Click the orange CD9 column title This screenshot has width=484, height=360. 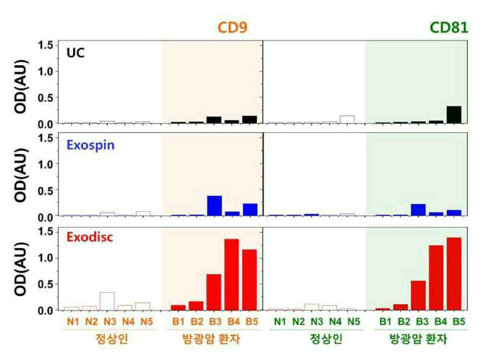point(233,28)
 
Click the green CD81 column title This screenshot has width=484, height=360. point(449,28)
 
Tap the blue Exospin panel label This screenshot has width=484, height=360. point(91,145)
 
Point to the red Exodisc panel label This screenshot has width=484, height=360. point(90,237)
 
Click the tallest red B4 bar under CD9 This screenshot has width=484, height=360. point(232,275)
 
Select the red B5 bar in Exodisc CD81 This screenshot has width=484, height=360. point(454,274)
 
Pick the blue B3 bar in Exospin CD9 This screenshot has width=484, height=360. point(214,206)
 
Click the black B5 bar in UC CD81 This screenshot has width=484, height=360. point(454,115)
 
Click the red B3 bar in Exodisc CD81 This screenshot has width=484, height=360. point(418,295)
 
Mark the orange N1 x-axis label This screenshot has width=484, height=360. point(73,322)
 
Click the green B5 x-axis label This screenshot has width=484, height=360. point(459,322)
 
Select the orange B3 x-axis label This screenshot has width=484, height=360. point(215,322)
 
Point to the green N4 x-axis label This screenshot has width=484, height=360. point(335,322)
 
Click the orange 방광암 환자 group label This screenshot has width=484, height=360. point(211,339)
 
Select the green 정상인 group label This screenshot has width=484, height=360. point(326,339)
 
